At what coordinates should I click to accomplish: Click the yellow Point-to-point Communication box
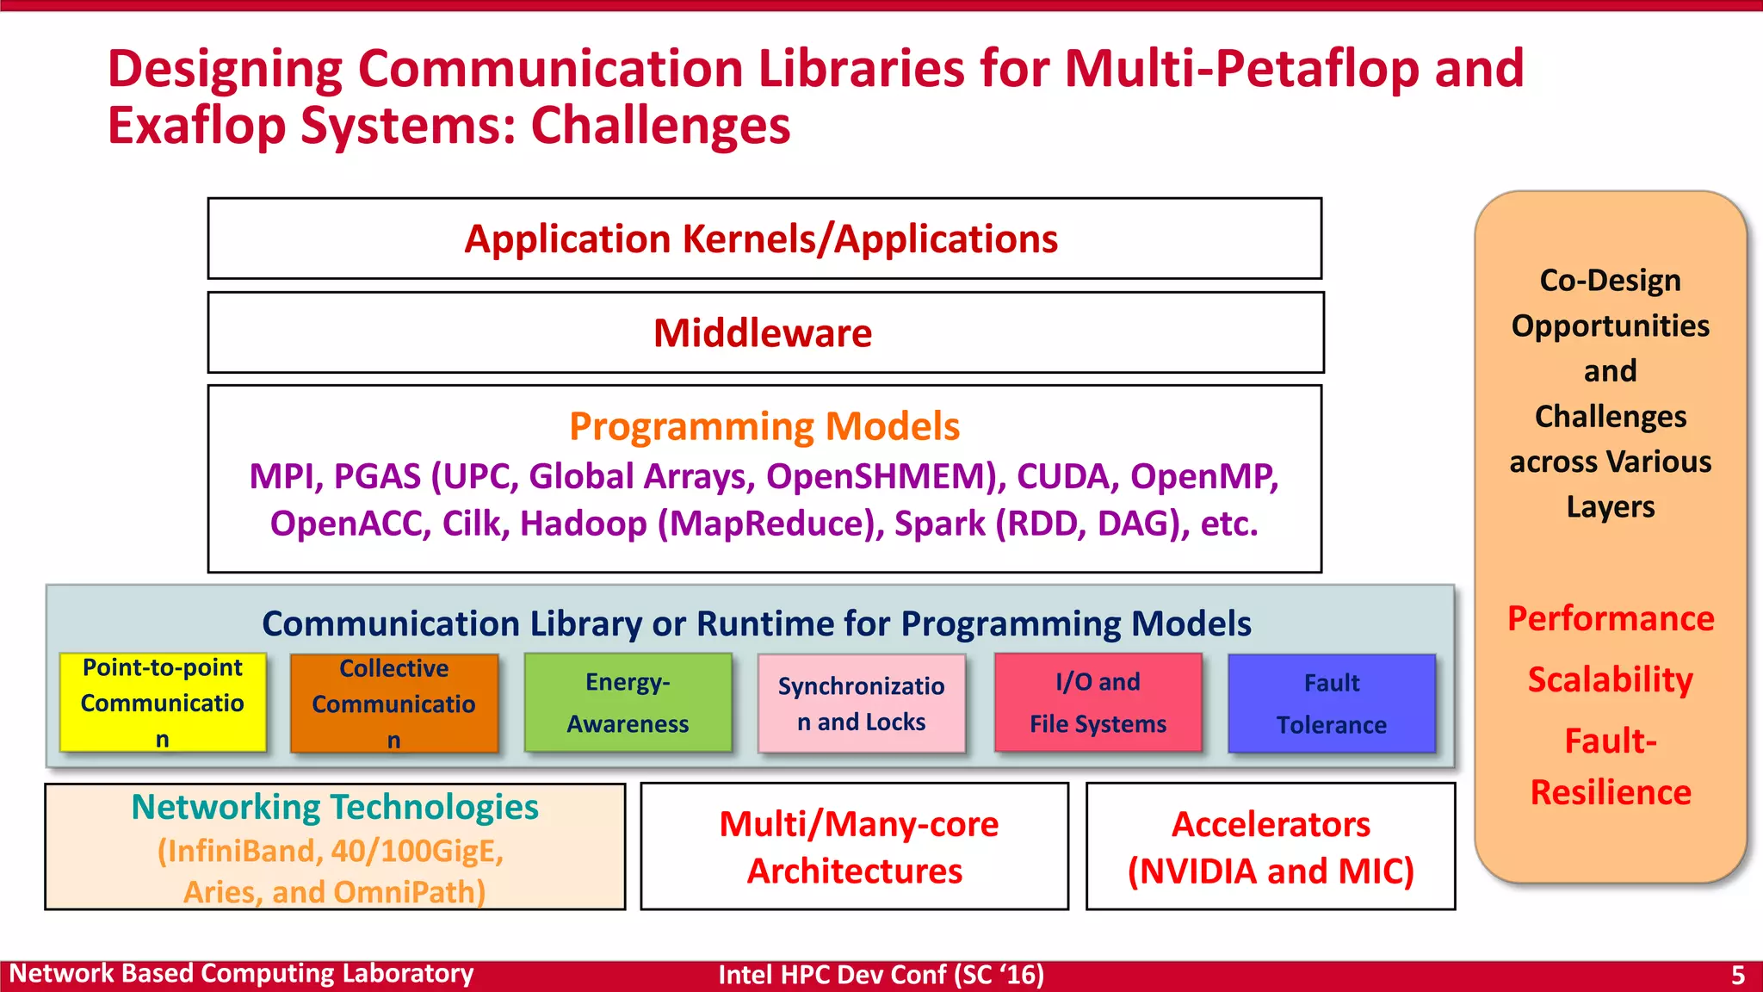[163, 703]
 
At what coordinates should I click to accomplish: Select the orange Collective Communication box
[394, 704]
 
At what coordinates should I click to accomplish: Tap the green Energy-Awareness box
[628, 703]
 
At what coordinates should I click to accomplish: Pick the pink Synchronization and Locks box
[861, 704]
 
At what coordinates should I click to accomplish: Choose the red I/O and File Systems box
[1098, 703]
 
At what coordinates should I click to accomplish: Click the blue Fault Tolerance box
[1331, 704]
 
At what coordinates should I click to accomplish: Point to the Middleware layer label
[763, 333]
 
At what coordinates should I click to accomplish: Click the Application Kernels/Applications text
[761, 239]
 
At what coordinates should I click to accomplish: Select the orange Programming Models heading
[764, 426]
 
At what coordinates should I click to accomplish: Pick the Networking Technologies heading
[335, 808]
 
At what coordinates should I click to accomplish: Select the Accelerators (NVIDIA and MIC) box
[1271, 846]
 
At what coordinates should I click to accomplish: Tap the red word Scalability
[1610, 679]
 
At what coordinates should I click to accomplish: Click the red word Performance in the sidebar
[1610, 618]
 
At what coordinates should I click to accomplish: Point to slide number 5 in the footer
[1737, 975]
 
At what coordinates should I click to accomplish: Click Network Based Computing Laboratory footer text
[241, 974]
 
